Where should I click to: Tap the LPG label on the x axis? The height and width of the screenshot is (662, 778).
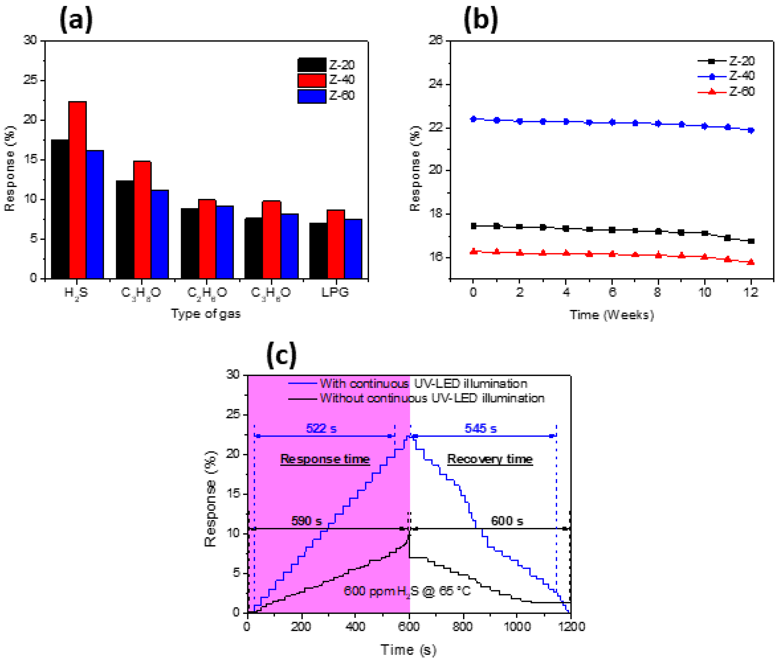click(x=335, y=292)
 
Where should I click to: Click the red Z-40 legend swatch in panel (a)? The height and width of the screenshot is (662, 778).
click(x=312, y=80)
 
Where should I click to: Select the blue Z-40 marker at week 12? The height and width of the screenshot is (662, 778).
click(x=751, y=130)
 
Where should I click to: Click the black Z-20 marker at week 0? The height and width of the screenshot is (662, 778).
click(x=474, y=226)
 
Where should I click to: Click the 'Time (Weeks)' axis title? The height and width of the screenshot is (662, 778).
click(x=612, y=315)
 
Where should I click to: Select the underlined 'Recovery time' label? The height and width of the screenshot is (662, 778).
click(x=490, y=459)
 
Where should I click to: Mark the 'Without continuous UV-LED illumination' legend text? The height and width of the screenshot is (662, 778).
click(x=432, y=398)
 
